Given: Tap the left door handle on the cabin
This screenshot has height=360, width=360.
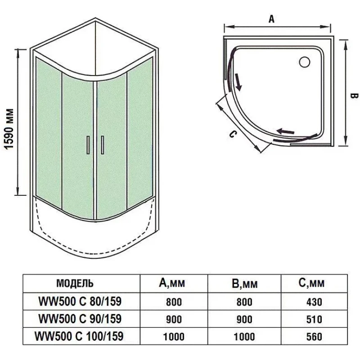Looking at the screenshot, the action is click(88, 145).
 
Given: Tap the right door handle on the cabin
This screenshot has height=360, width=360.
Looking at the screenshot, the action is click(102, 145).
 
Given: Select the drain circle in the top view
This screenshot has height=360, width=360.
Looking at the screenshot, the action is click(305, 62).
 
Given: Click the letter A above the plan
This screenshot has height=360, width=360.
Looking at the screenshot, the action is click(272, 19).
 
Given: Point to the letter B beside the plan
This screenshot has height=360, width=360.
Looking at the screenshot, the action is click(354, 96).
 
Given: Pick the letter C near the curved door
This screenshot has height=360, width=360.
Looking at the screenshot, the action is click(232, 134).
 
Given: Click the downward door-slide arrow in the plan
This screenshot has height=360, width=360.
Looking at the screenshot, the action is click(238, 82).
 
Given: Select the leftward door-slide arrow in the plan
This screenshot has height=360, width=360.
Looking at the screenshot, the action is click(285, 131).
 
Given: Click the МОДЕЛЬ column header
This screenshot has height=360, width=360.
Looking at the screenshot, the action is click(75, 283).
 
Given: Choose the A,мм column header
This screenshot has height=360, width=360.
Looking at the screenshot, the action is click(172, 283).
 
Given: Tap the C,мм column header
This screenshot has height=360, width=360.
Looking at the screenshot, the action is click(311, 283).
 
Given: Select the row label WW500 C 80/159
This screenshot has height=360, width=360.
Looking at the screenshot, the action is click(80, 301).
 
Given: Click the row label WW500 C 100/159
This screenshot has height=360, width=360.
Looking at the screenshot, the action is click(79, 336).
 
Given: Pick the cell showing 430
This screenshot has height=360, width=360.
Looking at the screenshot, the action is click(314, 302).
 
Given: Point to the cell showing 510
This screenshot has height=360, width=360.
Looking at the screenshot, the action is click(314, 319).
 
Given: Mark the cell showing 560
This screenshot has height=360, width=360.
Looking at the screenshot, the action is click(314, 337).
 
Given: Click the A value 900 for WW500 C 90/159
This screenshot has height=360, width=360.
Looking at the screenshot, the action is click(174, 319).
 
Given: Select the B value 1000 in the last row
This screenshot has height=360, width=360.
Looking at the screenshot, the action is click(244, 337).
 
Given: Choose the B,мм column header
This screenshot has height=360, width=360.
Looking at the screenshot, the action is click(244, 283).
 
